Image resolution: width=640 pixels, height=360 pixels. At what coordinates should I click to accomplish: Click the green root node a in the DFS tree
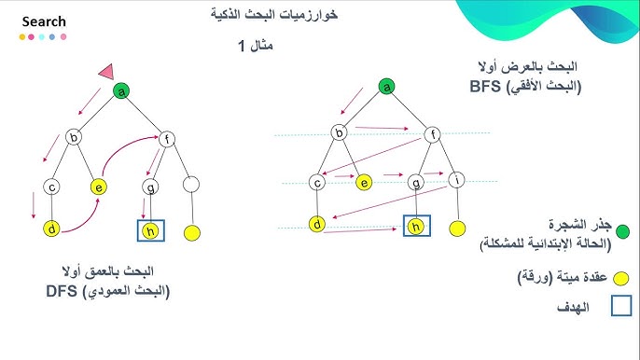[121, 91]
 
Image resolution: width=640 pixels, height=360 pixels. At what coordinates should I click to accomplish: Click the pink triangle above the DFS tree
[107, 72]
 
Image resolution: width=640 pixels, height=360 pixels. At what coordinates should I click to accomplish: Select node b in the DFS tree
[74, 137]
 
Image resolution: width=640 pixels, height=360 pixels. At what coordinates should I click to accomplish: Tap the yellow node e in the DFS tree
[99, 187]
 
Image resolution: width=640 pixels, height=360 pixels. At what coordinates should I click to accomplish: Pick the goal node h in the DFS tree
[150, 231]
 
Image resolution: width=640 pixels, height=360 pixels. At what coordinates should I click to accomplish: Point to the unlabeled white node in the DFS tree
[191, 185]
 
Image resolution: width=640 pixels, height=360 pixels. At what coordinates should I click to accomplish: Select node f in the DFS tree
[166, 140]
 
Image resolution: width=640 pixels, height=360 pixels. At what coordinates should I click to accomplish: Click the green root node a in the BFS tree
[386, 87]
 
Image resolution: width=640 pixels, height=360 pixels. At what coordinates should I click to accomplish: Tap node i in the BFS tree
[456, 180]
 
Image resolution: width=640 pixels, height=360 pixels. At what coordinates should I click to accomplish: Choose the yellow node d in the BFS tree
[317, 224]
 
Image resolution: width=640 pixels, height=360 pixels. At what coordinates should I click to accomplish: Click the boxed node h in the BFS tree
[416, 226]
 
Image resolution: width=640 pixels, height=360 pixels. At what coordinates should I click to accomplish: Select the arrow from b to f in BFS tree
[382, 128]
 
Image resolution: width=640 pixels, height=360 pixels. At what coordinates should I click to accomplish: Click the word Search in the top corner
[44, 21]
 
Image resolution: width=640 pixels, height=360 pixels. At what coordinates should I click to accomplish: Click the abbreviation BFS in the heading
[485, 86]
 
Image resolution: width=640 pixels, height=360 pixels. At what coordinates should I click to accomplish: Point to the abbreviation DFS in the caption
[62, 291]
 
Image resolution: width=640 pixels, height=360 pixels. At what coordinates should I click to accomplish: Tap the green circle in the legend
[622, 231]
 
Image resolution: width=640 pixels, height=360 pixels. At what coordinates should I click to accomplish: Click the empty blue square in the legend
[621, 306]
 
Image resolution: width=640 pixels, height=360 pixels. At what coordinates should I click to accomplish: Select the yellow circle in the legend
[620, 278]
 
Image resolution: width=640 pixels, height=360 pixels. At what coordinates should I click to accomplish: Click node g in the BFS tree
[416, 182]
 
